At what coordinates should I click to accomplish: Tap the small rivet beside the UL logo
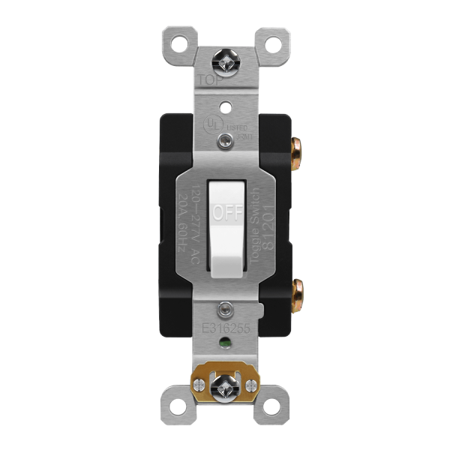point(225,139)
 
